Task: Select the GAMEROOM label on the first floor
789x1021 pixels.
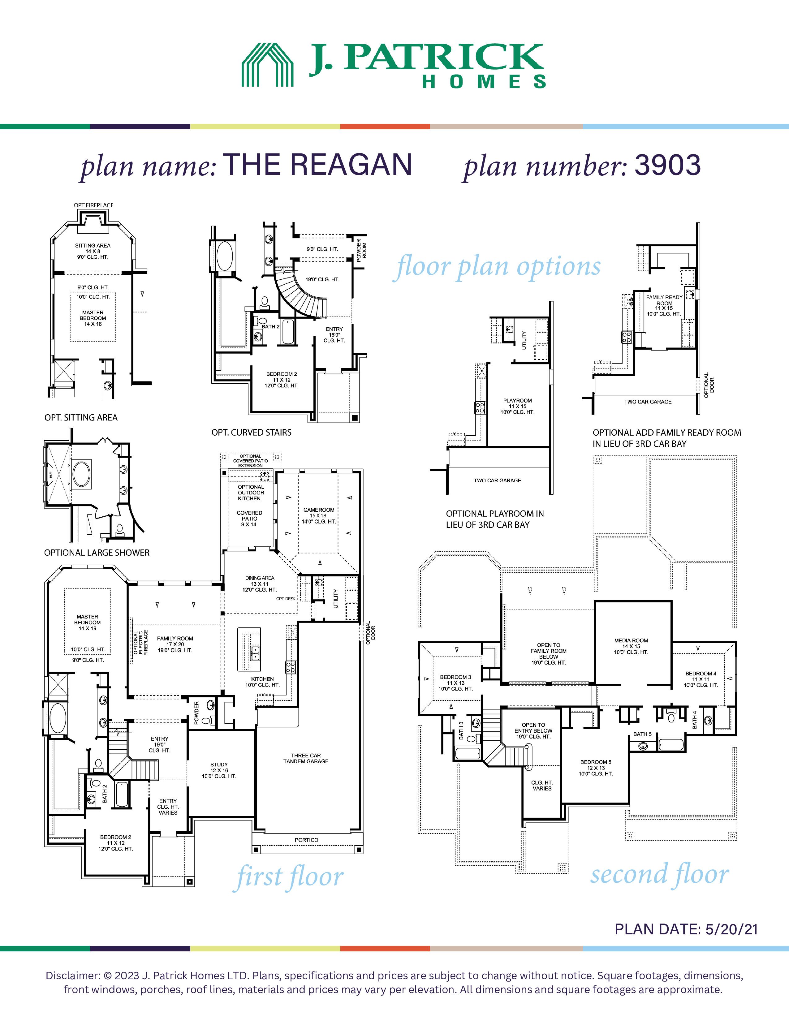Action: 319,510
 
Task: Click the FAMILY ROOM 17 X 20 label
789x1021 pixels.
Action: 175,641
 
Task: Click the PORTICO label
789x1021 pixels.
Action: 306,840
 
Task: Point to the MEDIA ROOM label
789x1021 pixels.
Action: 631,640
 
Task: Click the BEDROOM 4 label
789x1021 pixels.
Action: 701,674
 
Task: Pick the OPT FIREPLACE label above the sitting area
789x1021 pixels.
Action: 93,205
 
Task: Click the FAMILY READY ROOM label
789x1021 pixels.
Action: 664,300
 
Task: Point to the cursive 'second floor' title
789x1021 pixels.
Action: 660,873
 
